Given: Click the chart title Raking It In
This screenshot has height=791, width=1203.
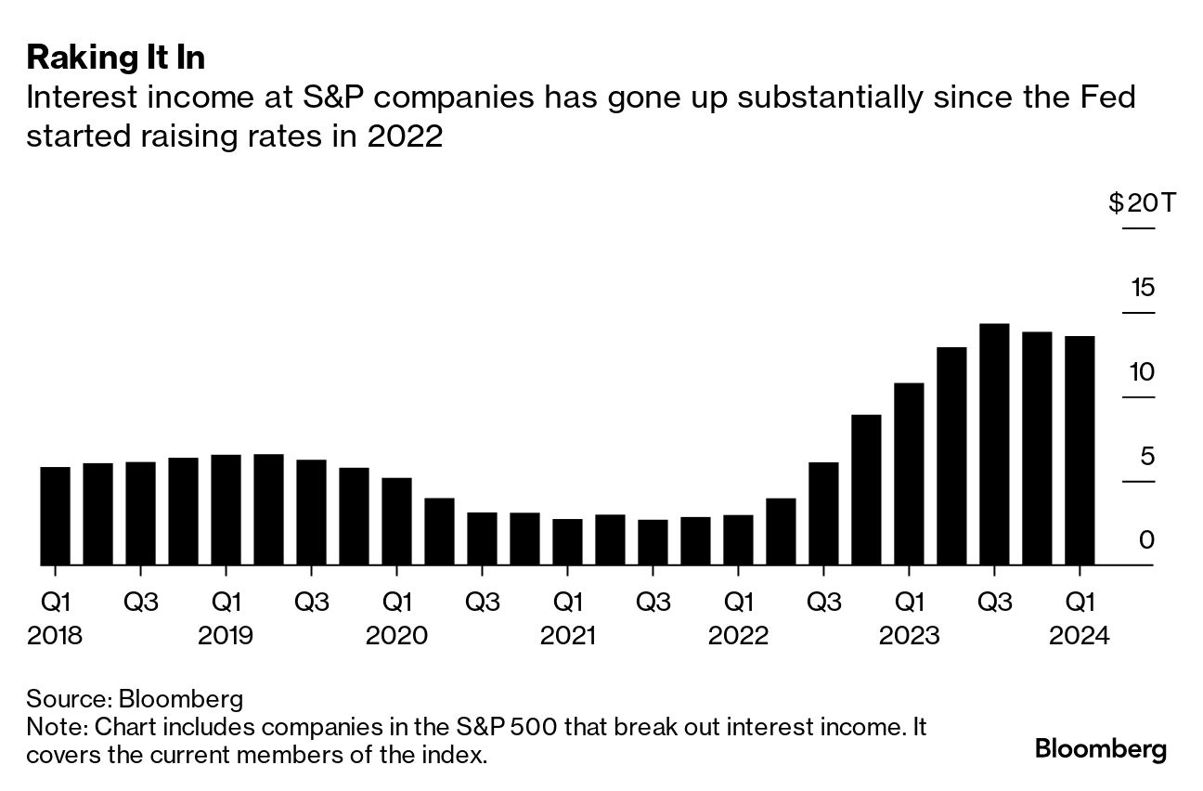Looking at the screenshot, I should pyautogui.click(x=116, y=58).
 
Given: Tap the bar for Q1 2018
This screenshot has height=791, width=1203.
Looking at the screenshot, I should pyautogui.click(x=55, y=515).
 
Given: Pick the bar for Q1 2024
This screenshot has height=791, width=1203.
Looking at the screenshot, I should pyautogui.click(x=1080, y=450).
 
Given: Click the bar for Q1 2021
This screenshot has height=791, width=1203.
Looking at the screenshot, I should pyautogui.click(x=567, y=541).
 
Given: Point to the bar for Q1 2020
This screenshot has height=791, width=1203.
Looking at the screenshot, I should pyautogui.click(x=396, y=521).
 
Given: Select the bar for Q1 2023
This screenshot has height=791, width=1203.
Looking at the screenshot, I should pyautogui.click(x=909, y=473).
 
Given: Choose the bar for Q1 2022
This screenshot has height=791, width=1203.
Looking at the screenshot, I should pyautogui.click(x=738, y=539).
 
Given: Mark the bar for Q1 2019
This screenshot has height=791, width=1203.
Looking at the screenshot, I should pyautogui.click(x=226, y=510).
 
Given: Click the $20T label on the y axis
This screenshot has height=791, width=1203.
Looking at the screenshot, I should pyautogui.click(x=1142, y=202).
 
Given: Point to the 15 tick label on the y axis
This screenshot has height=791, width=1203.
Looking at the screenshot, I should pyautogui.click(x=1143, y=287).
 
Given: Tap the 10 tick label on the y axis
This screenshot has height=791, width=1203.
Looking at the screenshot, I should pyautogui.click(x=1143, y=372).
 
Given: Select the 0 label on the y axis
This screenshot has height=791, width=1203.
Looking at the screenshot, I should pyautogui.click(x=1147, y=539).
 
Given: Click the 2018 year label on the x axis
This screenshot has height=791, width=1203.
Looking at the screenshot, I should pyautogui.click(x=55, y=636).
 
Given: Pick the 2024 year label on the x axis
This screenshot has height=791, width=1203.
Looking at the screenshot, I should pyautogui.click(x=1080, y=636).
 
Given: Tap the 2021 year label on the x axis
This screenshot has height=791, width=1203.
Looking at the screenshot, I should pyautogui.click(x=567, y=636).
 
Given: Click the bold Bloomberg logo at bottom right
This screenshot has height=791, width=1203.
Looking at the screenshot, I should pyautogui.click(x=1101, y=748).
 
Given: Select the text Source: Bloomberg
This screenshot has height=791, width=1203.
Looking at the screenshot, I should pyautogui.click(x=135, y=698).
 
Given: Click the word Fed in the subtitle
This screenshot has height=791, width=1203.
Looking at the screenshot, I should pyautogui.click(x=1108, y=97).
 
